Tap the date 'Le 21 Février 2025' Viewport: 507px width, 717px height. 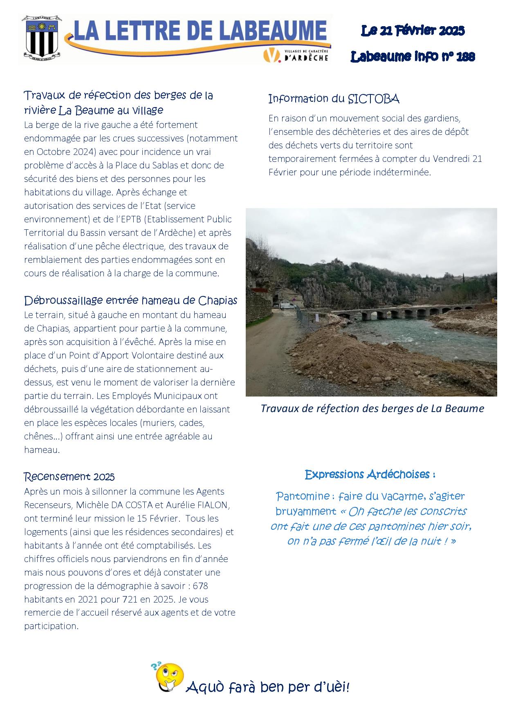413,31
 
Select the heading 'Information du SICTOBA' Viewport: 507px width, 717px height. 334,99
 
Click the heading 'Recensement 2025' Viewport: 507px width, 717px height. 69,477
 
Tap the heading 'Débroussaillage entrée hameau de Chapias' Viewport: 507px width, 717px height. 130,301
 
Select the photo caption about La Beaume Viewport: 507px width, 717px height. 372,408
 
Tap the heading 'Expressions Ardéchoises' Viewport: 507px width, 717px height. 370,475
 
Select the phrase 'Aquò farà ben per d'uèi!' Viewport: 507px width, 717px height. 267,688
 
